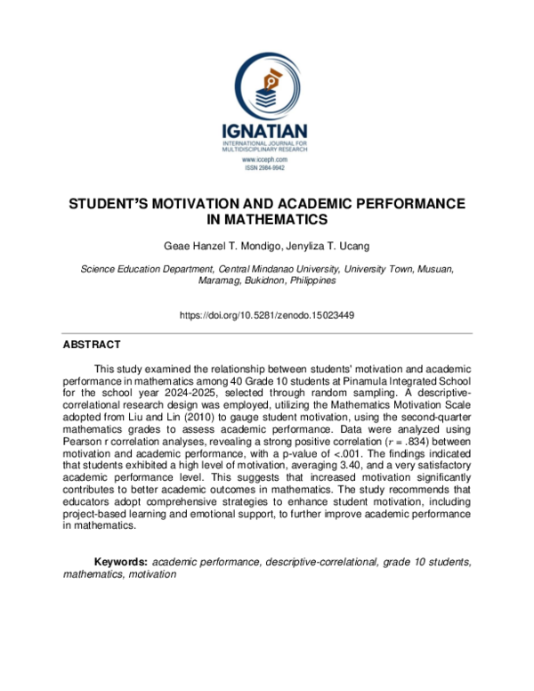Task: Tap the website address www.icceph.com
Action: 267,158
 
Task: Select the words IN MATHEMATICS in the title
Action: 267,218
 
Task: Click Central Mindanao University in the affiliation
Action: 285,268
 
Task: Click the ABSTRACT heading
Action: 92,344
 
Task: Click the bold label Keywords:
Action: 121,563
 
